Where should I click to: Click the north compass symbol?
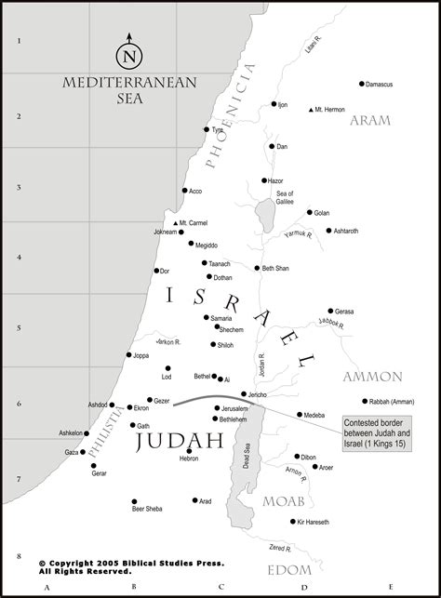[128, 53]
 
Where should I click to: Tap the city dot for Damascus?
[362, 84]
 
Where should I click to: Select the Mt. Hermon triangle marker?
[311, 111]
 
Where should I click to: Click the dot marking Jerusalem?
[216, 408]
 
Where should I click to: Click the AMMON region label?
[372, 377]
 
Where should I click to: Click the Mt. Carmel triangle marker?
[175, 223]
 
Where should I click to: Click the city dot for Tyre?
[207, 130]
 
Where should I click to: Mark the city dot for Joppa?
[129, 354]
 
